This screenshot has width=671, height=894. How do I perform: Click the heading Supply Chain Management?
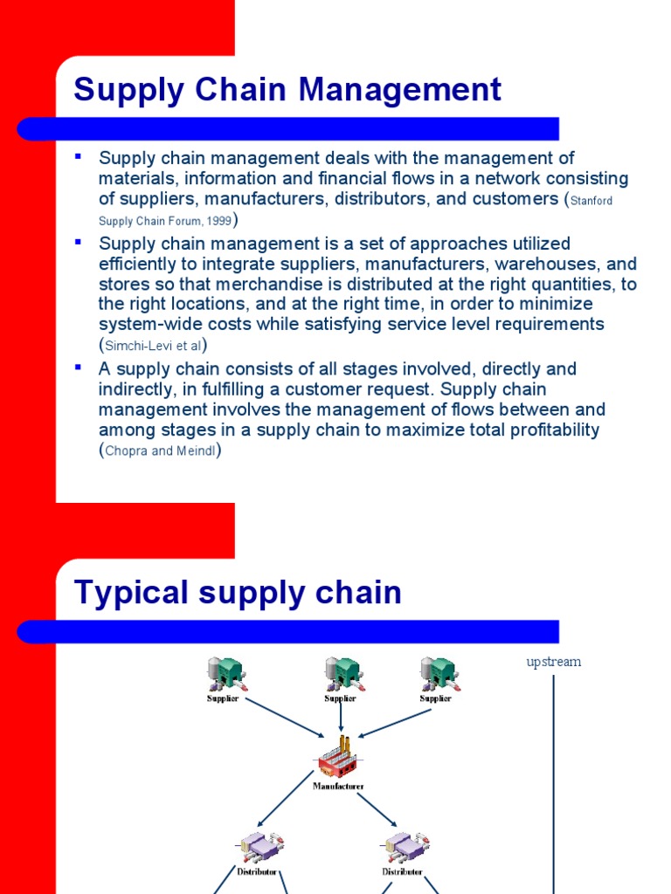287,90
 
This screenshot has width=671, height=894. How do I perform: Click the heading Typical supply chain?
238,593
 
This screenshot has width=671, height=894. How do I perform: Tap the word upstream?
553,662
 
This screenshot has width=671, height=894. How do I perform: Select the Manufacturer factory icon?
339,760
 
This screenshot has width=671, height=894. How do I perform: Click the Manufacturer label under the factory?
339,786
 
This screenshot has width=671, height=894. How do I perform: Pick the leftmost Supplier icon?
224,674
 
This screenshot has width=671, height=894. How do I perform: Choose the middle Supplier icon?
342,674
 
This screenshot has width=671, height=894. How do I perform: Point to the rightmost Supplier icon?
437,674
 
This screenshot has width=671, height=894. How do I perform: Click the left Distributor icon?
258,846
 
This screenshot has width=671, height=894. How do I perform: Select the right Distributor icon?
403,846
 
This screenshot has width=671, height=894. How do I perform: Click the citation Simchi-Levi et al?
153,345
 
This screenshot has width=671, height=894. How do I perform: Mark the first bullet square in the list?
79,156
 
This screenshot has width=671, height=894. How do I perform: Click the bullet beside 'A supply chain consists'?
79,368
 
